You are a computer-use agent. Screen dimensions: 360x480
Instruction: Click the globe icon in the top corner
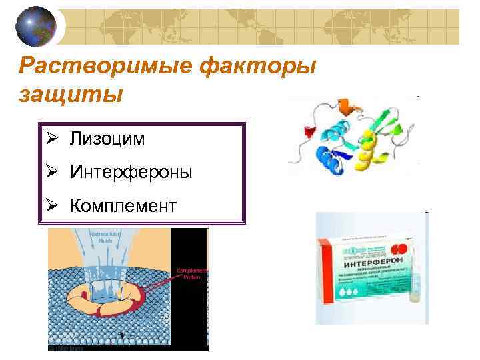[36, 25]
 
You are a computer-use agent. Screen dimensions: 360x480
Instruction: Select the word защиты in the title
[71, 94]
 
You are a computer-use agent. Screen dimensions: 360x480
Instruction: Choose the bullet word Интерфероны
[131, 172]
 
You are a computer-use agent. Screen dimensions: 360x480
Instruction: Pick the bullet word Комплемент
[123, 206]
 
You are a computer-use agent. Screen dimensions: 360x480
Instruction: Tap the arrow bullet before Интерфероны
[55, 172]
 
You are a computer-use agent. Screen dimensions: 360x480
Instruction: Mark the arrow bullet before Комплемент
[55, 206]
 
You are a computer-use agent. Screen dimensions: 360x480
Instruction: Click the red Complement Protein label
[193, 274]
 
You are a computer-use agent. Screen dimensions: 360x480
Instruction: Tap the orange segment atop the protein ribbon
[345, 105]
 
